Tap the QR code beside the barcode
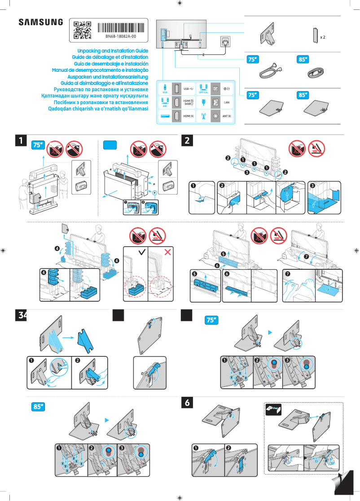tap(82, 30)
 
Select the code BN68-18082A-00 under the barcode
tap(121, 36)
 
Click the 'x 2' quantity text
tap(322, 37)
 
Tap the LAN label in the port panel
tap(227, 103)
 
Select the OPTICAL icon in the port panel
tap(203, 88)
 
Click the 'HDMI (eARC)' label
tap(189, 103)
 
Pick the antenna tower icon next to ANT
tap(203, 116)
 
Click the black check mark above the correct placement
tap(142, 252)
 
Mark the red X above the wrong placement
tap(168, 252)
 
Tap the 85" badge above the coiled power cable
tap(303, 59)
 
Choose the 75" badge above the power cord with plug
tap(253, 59)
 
